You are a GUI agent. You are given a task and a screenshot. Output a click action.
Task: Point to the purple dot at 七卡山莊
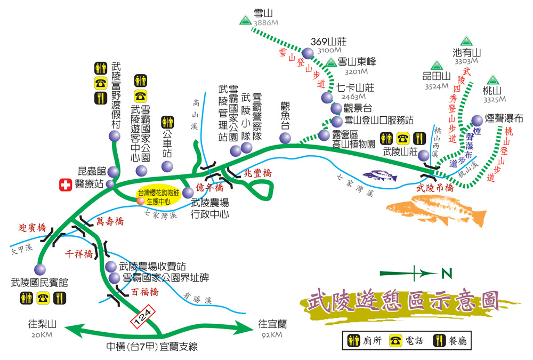[x=327, y=98]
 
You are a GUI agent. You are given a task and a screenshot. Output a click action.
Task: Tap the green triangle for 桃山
[x=491, y=80]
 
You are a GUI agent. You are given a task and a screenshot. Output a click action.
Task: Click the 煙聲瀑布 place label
[x=504, y=119]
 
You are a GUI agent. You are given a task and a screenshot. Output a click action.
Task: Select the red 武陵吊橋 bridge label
[x=435, y=188]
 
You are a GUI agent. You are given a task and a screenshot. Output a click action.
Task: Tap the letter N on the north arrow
[x=447, y=274]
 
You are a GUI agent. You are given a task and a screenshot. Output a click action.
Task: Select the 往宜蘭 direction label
[x=273, y=324]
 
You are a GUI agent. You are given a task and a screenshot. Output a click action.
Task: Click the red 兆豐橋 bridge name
[x=257, y=173]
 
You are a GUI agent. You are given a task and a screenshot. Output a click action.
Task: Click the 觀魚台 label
[x=285, y=115]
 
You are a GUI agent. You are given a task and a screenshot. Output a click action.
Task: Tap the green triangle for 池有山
[x=466, y=41]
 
